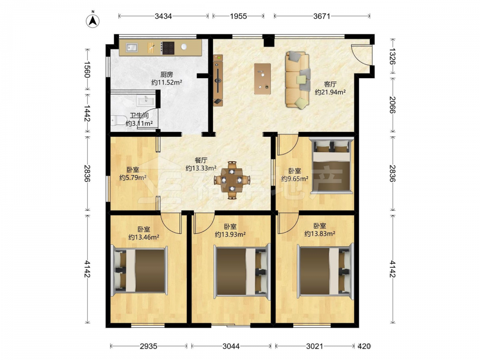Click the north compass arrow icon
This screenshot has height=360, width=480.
[x=93, y=20]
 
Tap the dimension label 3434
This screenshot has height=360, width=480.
[x=163, y=16]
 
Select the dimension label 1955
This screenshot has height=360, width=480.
[x=238, y=16]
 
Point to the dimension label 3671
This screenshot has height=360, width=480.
[x=322, y=16]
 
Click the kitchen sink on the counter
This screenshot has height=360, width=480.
[x=132, y=48]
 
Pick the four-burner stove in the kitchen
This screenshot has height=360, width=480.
[x=168, y=48]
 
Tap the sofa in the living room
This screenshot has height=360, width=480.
[x=298, y=80]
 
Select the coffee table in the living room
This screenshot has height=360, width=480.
[x=263, y=79]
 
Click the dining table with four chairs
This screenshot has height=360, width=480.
[x=232, y=180]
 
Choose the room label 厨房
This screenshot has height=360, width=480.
[x=167, y=74]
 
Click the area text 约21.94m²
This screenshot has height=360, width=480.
[x=330, y=92]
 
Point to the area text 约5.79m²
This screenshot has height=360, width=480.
[x=132, y=178]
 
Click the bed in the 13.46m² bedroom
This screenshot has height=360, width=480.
[x=140, y=270]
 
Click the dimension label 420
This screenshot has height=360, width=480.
[x=364, y=346]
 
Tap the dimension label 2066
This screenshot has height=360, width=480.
[x=392, y=105]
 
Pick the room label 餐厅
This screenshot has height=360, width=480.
[x=201, y=160]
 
